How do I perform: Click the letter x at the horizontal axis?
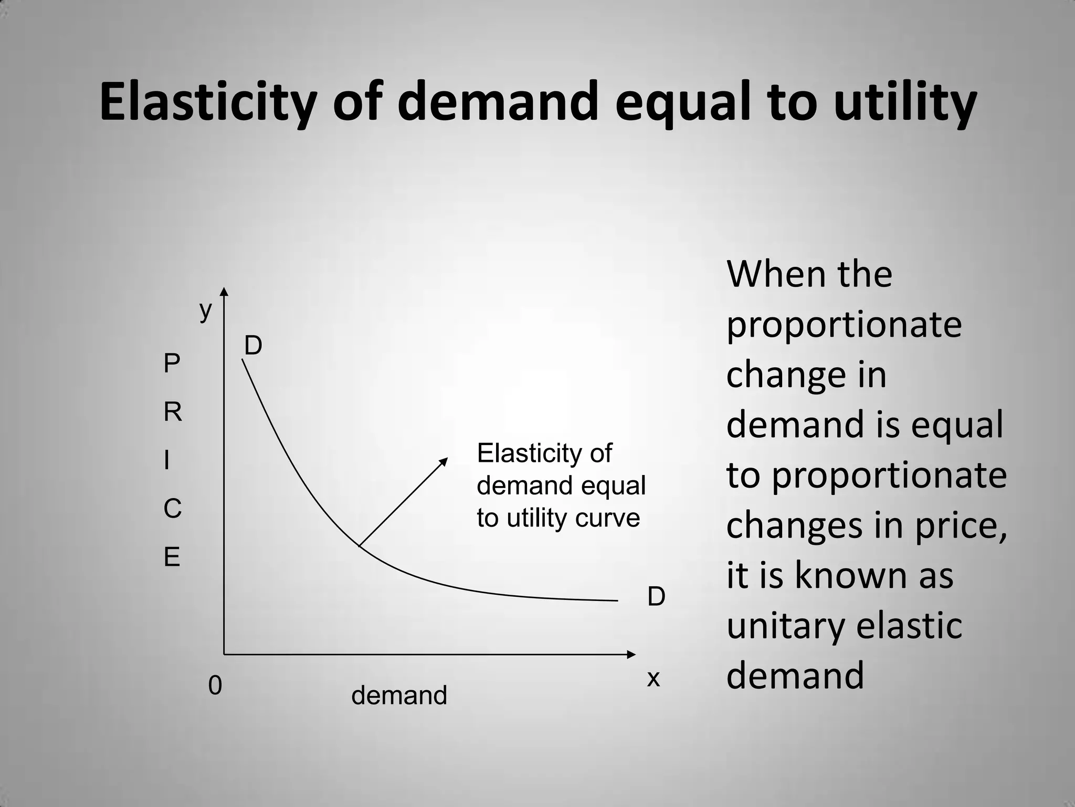[x=653, y=679]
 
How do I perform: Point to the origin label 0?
[x=215, y=686]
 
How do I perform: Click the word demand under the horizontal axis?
[x=399, y=695]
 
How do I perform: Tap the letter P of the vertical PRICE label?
[x=172, y=364]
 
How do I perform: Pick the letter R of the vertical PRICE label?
[x=173, y=412]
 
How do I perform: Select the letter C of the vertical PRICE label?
[x=173, y=509]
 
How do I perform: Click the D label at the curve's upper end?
[x=253, y=346]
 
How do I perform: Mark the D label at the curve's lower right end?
[x=656, y=597]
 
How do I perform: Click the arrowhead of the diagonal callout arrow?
[x=444, y=461]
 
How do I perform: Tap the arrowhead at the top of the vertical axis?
[x=224, y=292]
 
